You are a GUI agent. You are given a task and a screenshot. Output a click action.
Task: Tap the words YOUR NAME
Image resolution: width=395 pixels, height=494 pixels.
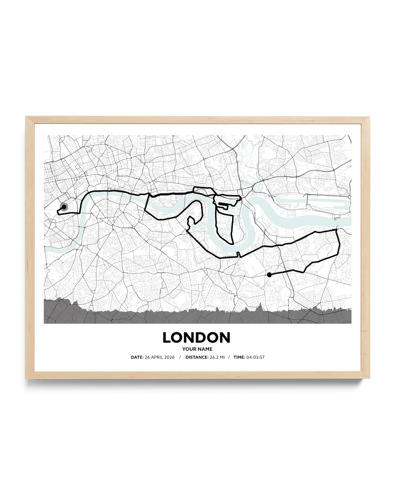(x=197, y=349)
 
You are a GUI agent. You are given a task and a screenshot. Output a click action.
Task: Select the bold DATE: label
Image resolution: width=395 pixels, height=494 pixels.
(x=137, y=357)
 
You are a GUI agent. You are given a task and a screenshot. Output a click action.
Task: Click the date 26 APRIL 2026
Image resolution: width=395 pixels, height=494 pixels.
(x=159, y=357)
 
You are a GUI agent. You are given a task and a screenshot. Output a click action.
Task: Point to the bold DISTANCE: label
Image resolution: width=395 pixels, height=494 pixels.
(x=197, y=357)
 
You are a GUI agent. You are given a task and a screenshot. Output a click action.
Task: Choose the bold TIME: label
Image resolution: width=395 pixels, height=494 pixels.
(x=239, y=357)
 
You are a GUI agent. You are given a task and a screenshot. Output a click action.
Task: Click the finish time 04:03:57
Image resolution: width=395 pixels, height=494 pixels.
(x=255, y=357)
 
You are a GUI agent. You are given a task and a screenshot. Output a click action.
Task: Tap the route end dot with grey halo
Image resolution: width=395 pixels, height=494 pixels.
(x=64, y=207)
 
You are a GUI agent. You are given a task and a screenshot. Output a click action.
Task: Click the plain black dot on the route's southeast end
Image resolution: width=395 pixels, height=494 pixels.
(x=269, y=275)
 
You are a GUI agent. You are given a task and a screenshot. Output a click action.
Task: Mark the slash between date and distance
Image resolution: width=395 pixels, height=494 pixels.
(x=180, y=357)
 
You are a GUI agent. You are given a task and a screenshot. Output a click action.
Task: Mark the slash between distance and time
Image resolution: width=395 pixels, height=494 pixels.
(x=229, y=357)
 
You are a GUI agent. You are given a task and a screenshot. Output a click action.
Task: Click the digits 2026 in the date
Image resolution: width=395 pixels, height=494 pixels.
(x=169, y=357)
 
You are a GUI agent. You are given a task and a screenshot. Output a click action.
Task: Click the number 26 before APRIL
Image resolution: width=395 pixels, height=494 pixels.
(x=147, y=357)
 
